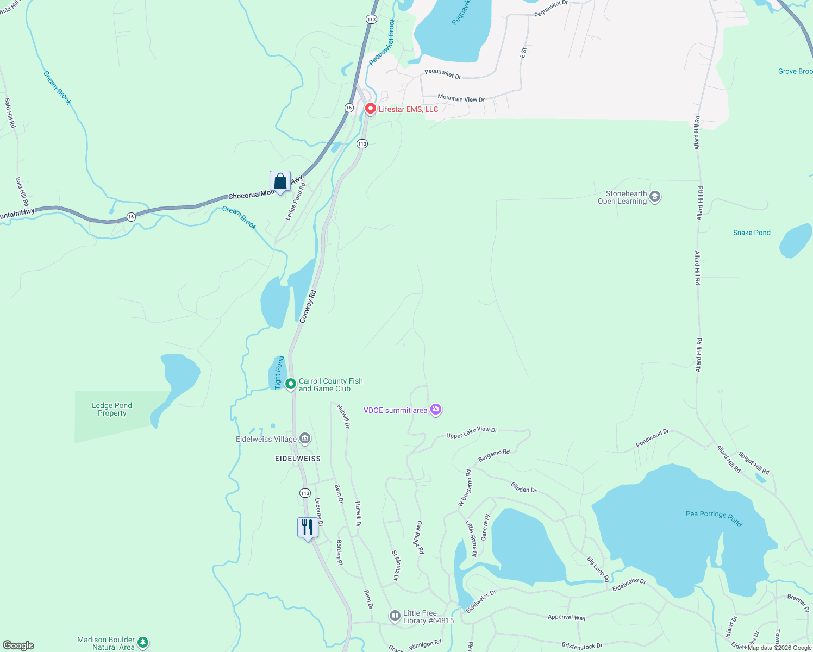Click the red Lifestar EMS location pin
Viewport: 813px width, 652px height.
[x=370, y=109]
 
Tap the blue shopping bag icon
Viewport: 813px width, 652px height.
[x=280, y=181]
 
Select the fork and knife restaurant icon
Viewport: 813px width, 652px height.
[x=308, y=527]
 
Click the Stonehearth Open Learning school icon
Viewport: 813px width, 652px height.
[x=655, y=197]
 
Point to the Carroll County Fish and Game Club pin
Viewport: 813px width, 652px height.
[x=291, y=384]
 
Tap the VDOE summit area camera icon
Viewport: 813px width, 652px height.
[x=435, y=410]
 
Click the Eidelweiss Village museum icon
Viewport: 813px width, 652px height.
[x=305, y=438]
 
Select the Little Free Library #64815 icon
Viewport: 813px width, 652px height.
[x=395, y=616]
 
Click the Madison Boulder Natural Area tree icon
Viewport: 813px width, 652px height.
[x=143, y=643]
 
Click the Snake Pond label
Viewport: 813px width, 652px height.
[x=752, y=233]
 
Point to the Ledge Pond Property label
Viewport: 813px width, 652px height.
[x=112, y=409]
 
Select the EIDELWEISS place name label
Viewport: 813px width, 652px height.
[x=298, y=459]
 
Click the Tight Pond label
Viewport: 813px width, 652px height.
[x=279, y=372]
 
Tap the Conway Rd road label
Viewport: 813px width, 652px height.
[x=308, y=306]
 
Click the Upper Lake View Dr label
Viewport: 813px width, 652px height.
[x=471, y=432]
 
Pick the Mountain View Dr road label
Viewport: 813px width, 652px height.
[x=461, y=98]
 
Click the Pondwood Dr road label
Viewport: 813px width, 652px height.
[x=652, y=438]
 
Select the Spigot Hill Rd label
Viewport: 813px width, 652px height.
[x=754, y=463]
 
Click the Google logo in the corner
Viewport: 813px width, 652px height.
[x=18, y=645]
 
